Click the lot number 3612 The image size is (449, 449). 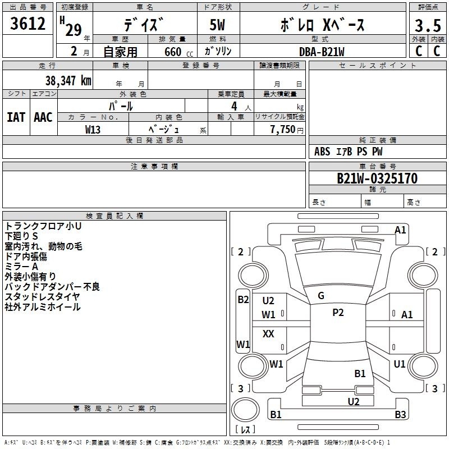click(x=28, y=24)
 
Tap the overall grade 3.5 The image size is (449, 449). click(x=428, y=26)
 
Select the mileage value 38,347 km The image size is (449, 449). click(x=68, y=81)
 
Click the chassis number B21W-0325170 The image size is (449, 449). click(x=377, y=178)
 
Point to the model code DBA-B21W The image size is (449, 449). click(x=322, y=52)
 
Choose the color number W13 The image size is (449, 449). click(x=93, y=130)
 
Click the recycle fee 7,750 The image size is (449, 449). click(x=283, y=130)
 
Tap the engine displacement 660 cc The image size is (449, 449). click(x=178, y=52)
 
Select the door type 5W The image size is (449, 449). click(x=217, y=25)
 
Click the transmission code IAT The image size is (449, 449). click(x=16, y=117)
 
